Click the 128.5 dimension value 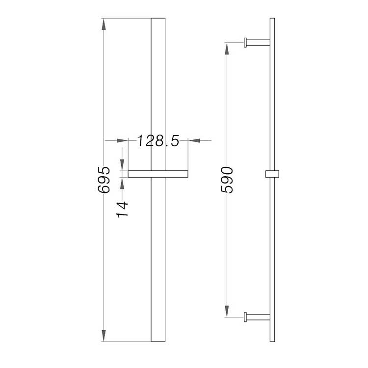[157, 141]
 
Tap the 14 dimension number [122, 207]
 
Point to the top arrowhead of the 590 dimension [227, 47]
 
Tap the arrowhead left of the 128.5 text [123, 141]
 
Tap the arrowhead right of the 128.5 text [193, 141]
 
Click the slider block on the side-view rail [272, 173]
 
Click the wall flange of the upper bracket [245, 42]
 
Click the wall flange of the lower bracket [245, 317]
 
